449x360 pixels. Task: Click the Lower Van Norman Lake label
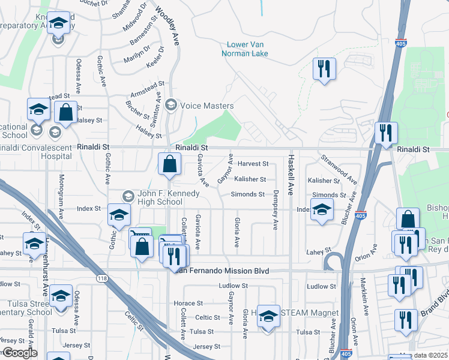[x=247, y=49]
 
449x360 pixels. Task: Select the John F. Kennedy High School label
[x=160, y=197]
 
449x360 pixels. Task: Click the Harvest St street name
[x=252, y=164]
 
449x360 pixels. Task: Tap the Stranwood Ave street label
[x=338, y=169]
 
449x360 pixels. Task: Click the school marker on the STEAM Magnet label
[x=268, y=316]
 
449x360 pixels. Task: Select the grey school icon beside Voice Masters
[x=170, y=106]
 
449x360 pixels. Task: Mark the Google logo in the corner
[x=19, y=353]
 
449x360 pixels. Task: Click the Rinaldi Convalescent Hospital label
[x=36, y=151]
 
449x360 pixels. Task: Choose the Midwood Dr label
[x=135, y=18]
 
